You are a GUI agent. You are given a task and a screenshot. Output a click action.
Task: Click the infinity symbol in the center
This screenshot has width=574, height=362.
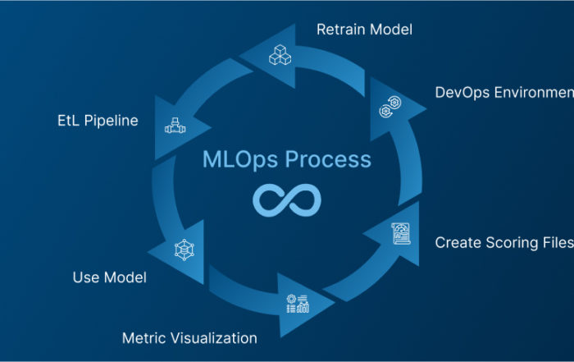click(x=286, y=199)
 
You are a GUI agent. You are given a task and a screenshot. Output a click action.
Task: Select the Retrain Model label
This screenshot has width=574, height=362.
click(x=364, y=30)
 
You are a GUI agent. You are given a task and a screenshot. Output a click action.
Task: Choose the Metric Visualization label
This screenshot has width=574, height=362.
click(x=189, y=337)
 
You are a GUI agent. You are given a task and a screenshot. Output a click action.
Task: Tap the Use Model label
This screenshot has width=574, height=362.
click(x=110, y=277)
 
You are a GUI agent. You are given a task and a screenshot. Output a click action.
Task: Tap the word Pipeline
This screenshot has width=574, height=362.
click(x=115, y=121)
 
